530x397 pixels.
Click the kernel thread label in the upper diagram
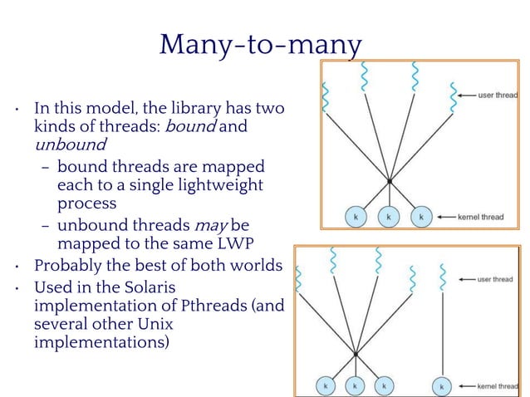[482, 218]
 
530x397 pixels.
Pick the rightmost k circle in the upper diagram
[421, 217]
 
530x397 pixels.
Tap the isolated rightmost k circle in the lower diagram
[442, 386]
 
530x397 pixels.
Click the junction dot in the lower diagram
[356, 353]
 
